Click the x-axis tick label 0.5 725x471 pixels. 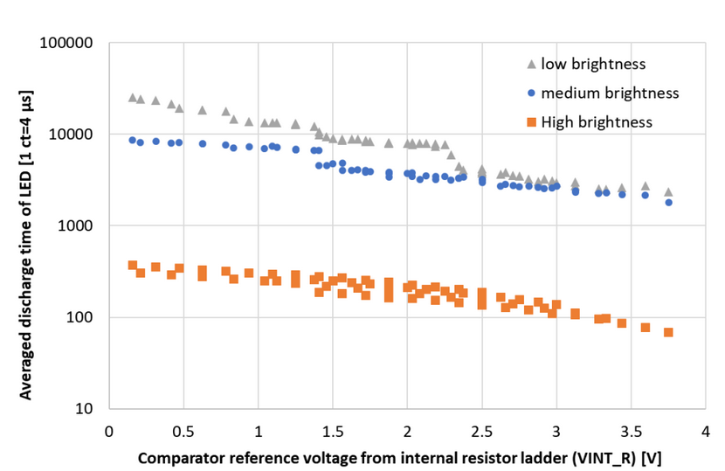(183, 431)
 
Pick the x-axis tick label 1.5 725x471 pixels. (333, 431)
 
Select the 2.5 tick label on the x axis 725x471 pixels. (481, 431)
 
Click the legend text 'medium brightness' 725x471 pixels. (610, 93)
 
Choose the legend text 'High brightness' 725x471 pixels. (597, 121)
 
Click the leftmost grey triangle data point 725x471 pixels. (133, 97)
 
